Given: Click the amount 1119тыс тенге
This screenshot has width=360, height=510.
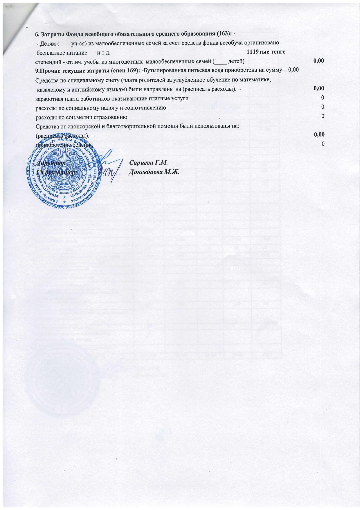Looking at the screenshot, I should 266,52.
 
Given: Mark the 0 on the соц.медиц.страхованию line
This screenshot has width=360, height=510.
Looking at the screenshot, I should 323,116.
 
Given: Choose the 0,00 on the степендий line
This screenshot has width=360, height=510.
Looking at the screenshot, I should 319,61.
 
